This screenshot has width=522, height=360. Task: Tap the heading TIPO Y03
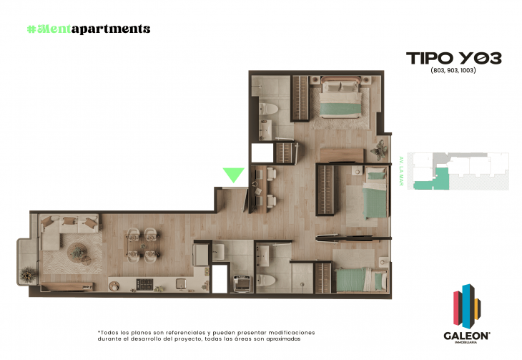click(453, 58)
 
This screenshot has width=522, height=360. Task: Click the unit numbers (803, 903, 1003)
click(453, 71)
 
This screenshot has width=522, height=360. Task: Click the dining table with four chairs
click(142, 243)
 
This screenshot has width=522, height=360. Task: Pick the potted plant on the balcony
click(26, 273)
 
